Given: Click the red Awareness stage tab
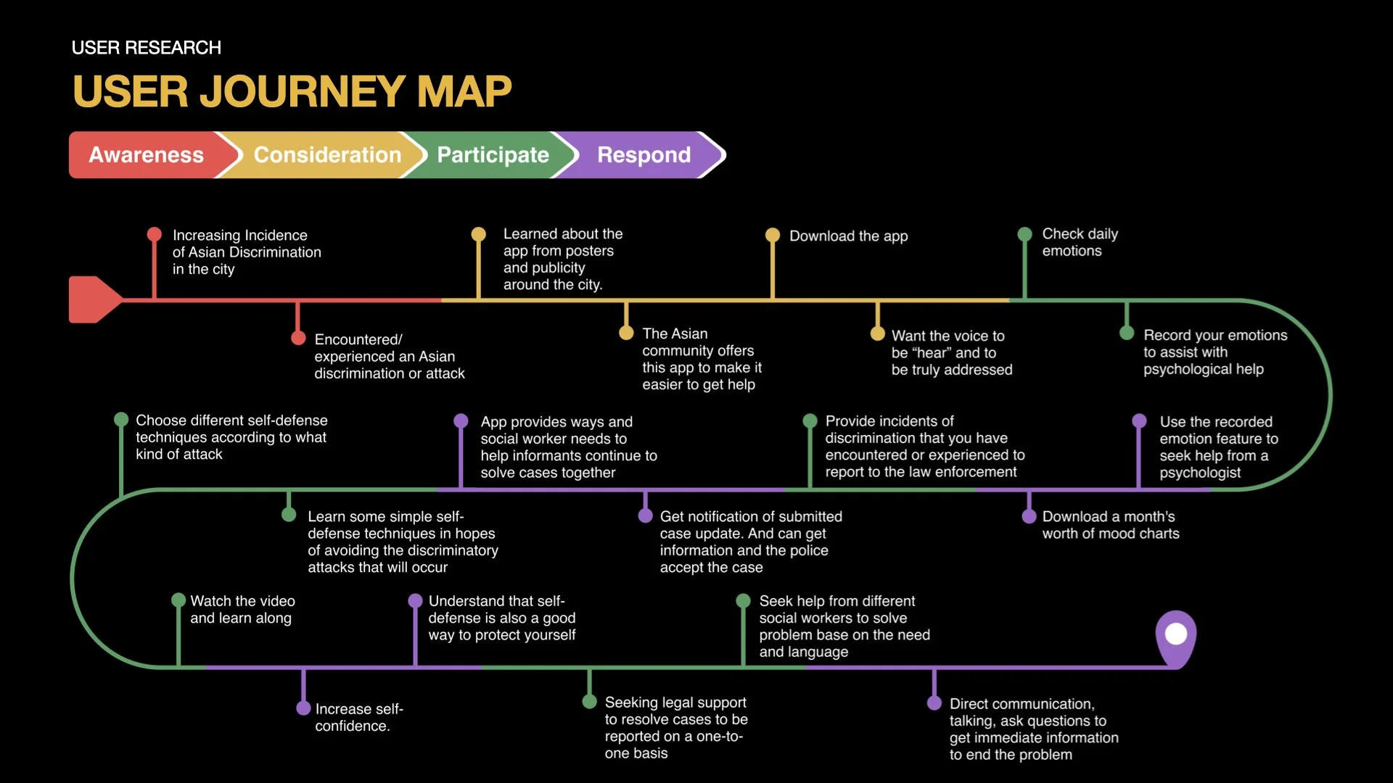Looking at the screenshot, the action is coord(147,154).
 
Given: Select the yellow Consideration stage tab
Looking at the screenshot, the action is coord(327,154).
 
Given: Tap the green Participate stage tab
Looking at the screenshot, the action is coord(493,154).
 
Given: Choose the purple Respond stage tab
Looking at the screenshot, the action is coord(644,154).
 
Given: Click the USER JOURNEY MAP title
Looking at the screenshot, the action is coord(292,91).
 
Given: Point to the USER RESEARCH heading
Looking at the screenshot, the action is coord(146,48).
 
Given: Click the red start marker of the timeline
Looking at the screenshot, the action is coord(93,299).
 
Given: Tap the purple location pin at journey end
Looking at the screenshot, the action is coord(1175,635).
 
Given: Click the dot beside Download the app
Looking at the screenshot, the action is coord(773,235).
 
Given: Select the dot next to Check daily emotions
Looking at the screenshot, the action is coord(1024,234).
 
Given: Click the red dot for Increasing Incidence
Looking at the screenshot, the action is coord(154,234).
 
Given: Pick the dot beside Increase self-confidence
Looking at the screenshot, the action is coord(303,708).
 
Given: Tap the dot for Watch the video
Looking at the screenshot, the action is coord(178,600).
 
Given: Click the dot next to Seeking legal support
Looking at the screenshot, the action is coord(589,702).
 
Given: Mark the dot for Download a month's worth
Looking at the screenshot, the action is coord(1029,516).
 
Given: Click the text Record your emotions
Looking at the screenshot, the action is coord(1215,352).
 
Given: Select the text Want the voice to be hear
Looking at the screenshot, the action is coord(951,352).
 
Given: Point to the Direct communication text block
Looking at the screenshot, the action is coord(1033,729).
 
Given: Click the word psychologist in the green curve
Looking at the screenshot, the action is coord(1199,473).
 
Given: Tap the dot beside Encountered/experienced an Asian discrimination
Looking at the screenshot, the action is coord(297,338).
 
